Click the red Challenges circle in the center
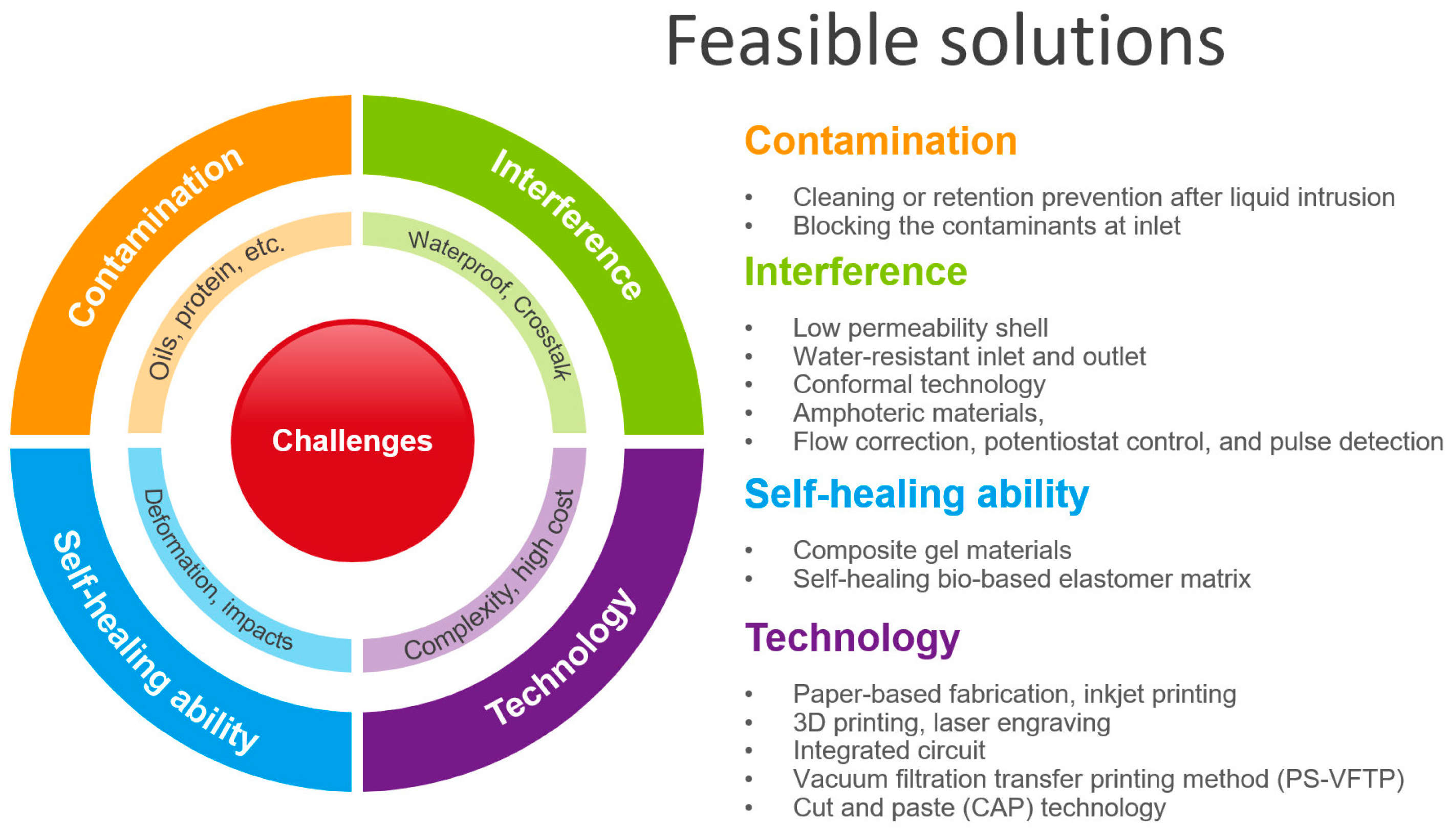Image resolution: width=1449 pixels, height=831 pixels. [352, 441]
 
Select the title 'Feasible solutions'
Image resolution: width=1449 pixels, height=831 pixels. [945, 41]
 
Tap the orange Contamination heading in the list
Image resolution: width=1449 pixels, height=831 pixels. [881, 141]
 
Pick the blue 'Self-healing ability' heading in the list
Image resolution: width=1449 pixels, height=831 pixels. [917, 494]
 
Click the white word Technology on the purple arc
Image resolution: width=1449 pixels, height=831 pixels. [561, 656]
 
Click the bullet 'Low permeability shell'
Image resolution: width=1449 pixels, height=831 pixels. [920, 328]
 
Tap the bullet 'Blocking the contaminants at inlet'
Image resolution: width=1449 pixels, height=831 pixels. [986, 226]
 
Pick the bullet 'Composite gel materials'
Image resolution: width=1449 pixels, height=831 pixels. [932, 551]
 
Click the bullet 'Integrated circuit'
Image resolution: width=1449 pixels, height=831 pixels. [889, 751]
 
